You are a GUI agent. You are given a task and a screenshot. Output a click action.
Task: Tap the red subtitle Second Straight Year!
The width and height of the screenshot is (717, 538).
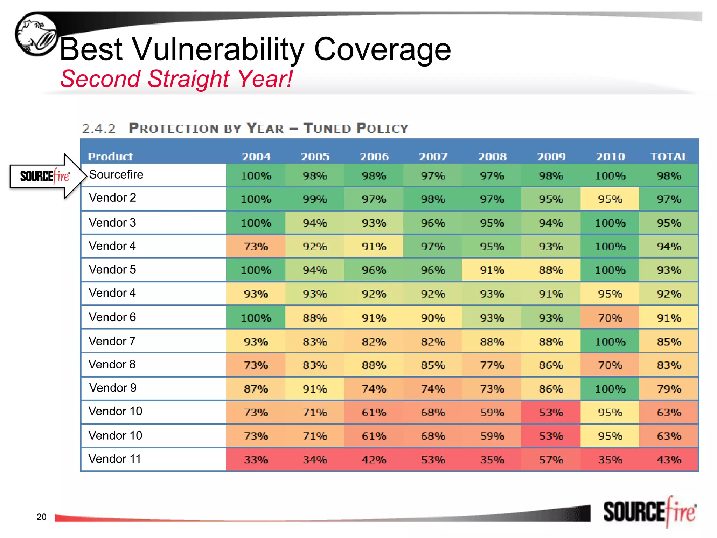tap(176, 79)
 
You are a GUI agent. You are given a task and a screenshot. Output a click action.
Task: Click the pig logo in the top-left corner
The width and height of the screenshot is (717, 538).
tap(36, 34)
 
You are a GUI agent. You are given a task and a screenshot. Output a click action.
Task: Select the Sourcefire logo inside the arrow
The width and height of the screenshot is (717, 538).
tap(44, 176)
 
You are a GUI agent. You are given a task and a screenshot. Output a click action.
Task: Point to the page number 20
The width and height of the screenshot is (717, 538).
tap(41, 517)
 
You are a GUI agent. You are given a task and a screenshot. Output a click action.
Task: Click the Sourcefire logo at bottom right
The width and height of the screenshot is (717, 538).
tap(649, 512)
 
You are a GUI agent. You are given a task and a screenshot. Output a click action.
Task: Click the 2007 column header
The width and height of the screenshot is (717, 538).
tap(433, 157)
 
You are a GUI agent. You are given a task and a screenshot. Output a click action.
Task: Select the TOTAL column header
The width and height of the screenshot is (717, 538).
tap(669, 157)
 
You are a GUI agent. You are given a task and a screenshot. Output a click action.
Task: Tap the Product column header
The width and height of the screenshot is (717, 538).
tap(110, 157)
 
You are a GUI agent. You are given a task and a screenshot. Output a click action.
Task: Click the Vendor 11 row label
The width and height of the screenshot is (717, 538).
tap(114, 459)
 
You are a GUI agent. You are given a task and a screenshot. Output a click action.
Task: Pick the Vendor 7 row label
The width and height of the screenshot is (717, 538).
tap(112, 341)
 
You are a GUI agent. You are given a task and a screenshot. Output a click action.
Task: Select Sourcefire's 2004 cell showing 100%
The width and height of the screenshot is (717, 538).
tap(256, 175)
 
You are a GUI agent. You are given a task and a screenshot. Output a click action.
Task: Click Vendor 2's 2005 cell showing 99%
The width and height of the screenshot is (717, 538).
tap(315, 199)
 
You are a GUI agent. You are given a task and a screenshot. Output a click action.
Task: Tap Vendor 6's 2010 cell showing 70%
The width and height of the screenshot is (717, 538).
tap(610, 318)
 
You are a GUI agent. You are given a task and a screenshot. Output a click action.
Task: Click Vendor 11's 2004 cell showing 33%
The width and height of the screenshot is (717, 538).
tap(256, 460)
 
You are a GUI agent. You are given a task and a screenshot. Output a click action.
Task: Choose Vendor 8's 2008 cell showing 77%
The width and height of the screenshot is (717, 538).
tap(492, 365)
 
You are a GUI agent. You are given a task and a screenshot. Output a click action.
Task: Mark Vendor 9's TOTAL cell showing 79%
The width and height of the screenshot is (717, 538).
tap(669, 389)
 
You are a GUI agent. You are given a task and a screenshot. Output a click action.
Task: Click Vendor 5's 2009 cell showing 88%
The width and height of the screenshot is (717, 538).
tap(551, 270)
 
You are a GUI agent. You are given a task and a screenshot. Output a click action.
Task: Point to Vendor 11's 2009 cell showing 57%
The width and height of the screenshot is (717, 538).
tap(551, 460)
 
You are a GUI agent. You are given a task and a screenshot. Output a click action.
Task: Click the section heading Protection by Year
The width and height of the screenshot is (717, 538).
tap(245, 129)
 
